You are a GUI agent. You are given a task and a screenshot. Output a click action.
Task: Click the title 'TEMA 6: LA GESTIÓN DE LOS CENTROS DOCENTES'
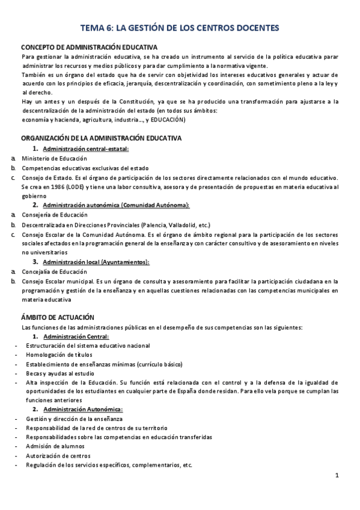coord(180,28)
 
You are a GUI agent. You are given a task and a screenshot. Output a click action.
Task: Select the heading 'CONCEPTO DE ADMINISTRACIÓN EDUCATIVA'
coord(90,47)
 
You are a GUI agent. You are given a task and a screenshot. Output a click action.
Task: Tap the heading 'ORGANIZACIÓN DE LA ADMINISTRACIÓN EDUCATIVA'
coord(101,138)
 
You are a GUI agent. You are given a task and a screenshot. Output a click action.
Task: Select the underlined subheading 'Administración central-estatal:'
coord(86,149)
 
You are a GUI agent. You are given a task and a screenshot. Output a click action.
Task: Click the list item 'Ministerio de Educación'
coord(55,158)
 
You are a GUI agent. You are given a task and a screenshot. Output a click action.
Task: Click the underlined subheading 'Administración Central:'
coord(76,336)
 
